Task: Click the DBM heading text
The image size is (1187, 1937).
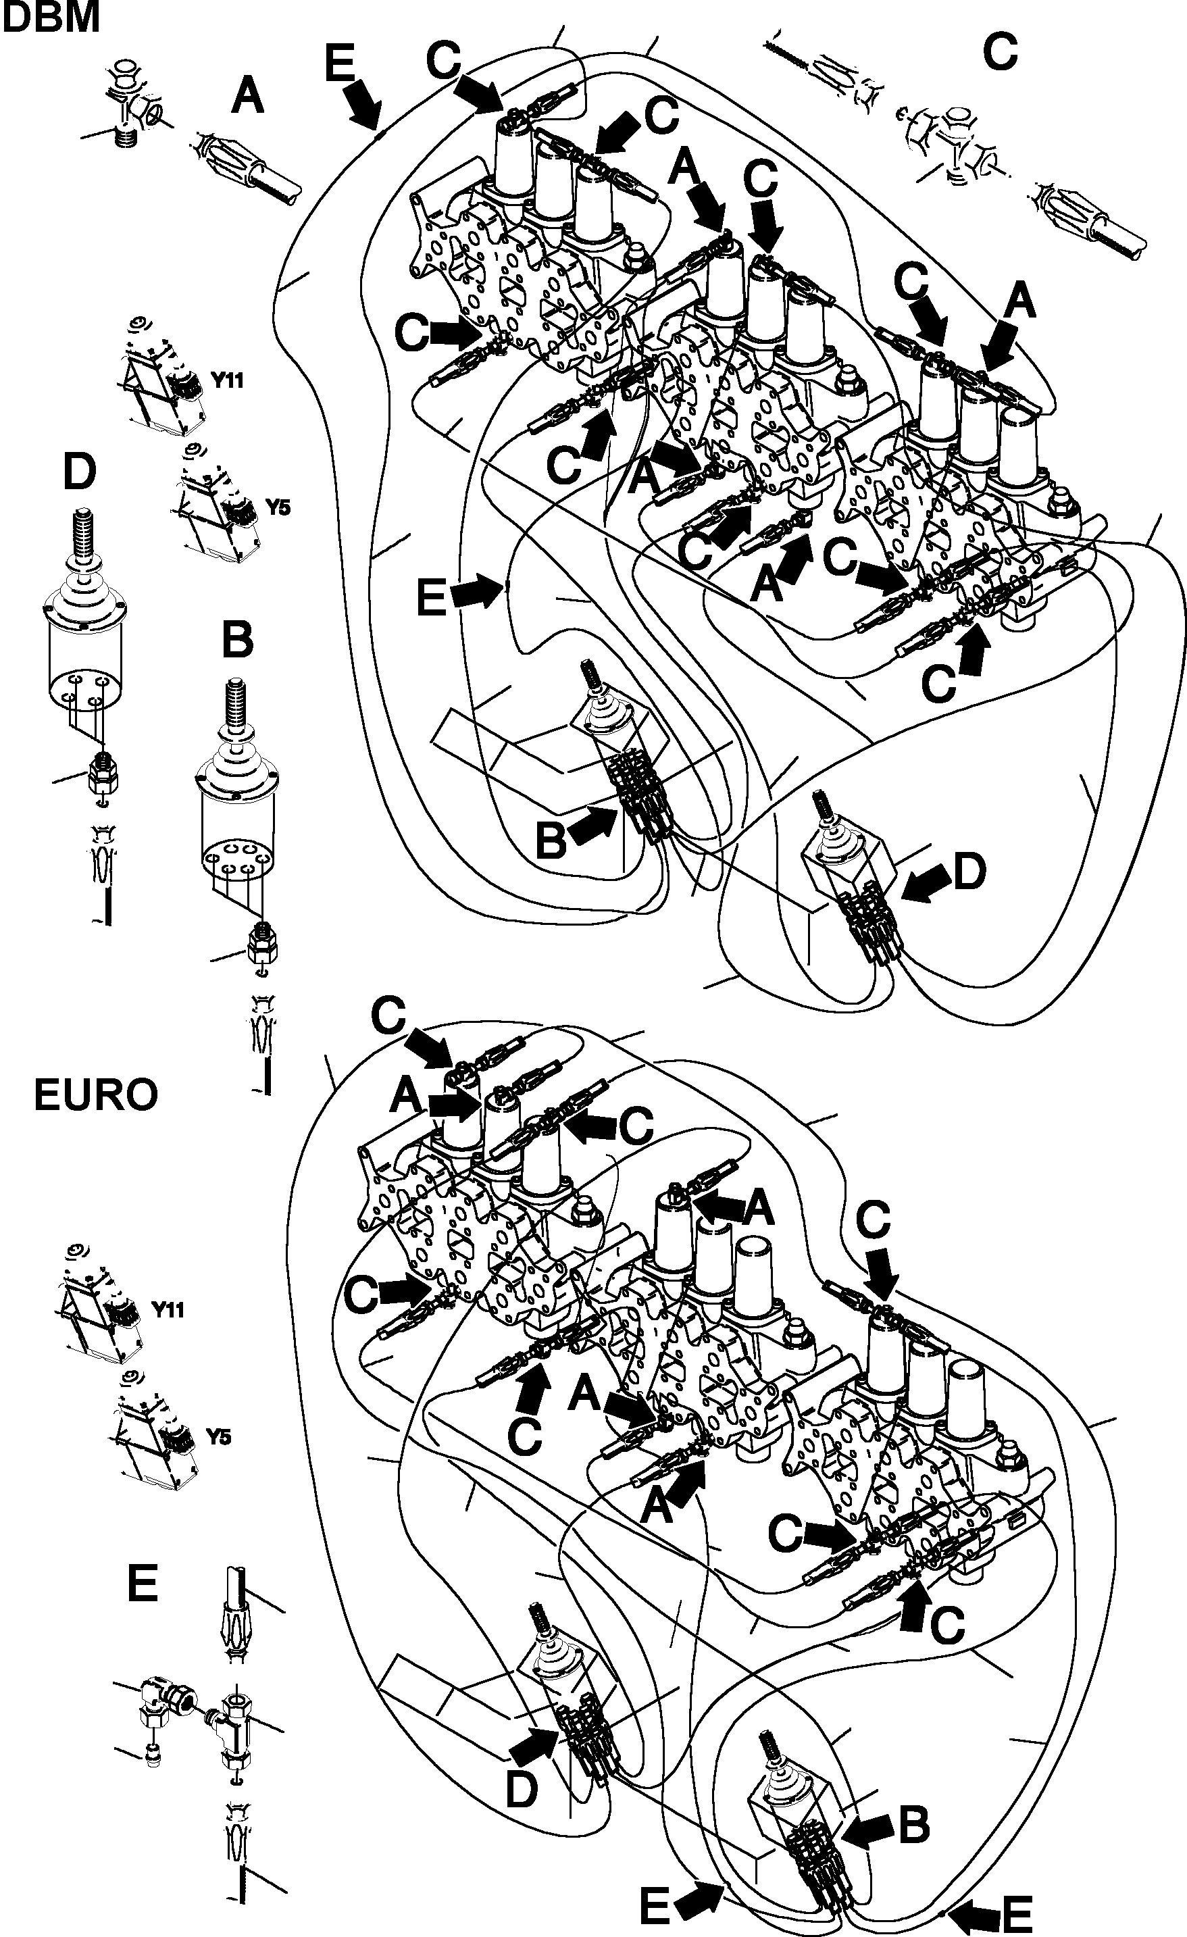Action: pyautogui.click(x=52, y=18)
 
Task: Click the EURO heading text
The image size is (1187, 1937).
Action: pyautogui.click(x=96, y=1095)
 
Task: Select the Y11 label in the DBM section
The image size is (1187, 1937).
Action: pyautogui.click(x=227, y=380)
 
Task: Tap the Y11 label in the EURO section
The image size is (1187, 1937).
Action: pyautogui.click(x=168, y=1309)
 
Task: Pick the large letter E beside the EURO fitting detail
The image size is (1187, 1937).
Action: pyautogui.click(x=143, y=1582)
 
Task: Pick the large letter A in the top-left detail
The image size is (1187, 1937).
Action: pyautogui.click(x=248, y=98)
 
